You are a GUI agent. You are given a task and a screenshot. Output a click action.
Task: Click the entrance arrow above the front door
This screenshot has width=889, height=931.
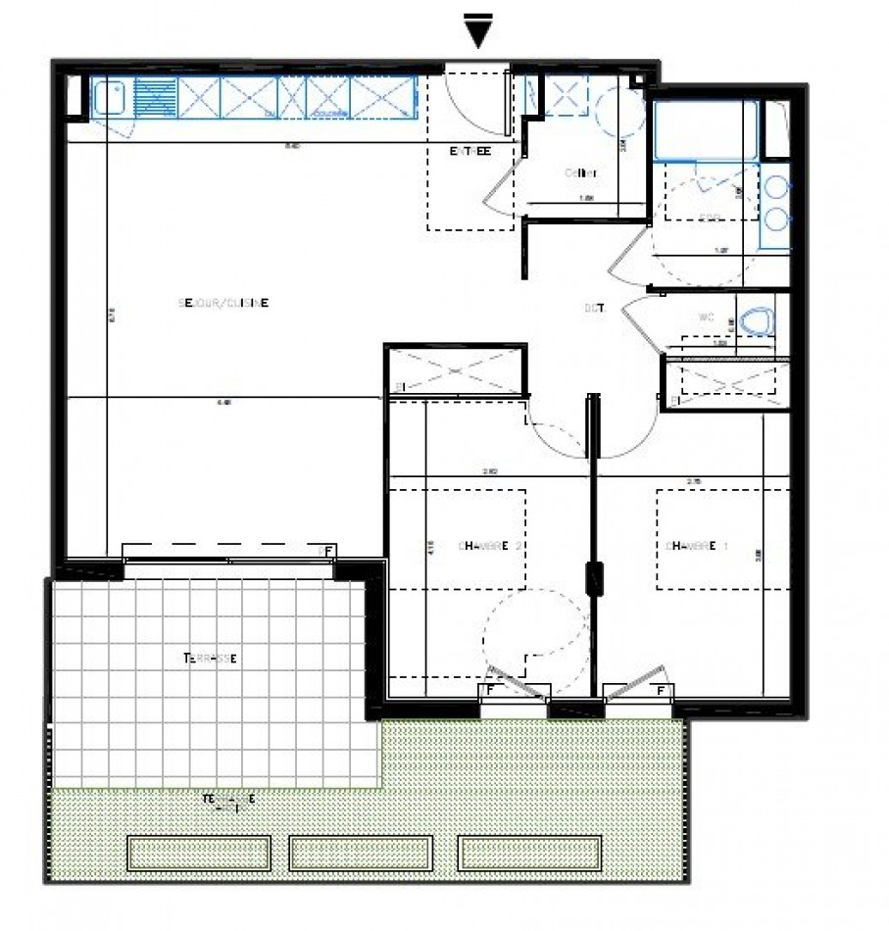click(477, 31)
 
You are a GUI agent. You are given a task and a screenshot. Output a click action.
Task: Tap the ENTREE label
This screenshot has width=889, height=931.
click(469, 151)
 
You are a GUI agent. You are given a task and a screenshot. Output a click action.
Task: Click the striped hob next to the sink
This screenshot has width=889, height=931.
click(155, 99)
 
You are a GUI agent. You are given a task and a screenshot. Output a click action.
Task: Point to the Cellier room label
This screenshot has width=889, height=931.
click(580, 173)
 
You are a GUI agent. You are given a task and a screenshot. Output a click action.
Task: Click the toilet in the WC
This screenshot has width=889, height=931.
click(756, 320)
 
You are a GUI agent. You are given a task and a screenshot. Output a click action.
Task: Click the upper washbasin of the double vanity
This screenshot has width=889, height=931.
click(776, 187)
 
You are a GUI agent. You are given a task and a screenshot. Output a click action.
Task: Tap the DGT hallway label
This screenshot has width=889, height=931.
click(594, 308)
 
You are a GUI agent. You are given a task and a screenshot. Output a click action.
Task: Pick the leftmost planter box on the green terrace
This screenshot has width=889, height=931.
click(199, 853)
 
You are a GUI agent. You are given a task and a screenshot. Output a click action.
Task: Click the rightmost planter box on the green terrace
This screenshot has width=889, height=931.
click(530, 853)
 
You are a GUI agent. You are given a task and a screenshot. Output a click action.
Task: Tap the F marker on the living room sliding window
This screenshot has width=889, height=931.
click(328, 552)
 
